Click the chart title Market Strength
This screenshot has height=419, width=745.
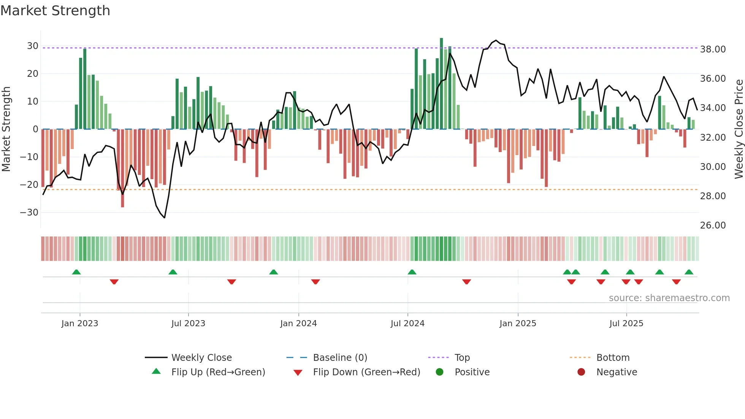pos(55,11)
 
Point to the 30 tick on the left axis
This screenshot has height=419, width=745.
pos(32,46)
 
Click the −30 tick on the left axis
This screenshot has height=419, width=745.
pos(29,213)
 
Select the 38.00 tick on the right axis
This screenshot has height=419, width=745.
pos(713,49)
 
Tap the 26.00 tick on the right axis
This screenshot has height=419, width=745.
pos(713,225)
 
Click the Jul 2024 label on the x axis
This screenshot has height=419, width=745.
pos(407,324)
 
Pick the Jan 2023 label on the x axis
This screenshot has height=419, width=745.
pos(80,324)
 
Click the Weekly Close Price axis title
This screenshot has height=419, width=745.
pos(739,129)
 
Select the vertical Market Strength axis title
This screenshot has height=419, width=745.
pos(6,129)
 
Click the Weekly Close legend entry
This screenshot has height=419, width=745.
pos(201,358)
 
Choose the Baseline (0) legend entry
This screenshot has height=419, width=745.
pos(340,358)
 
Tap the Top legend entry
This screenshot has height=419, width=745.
pos(462,358)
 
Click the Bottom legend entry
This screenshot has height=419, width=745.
pos(613,358)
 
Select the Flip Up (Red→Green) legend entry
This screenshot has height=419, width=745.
pos(218,372)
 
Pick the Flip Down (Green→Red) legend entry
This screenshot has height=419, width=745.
pos(366,372)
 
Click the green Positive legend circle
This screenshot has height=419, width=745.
pos(440,372)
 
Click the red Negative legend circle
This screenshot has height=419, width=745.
pos(581,372)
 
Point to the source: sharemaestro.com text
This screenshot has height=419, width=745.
pos(669,298)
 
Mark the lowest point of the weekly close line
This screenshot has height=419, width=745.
pos(165,218)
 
